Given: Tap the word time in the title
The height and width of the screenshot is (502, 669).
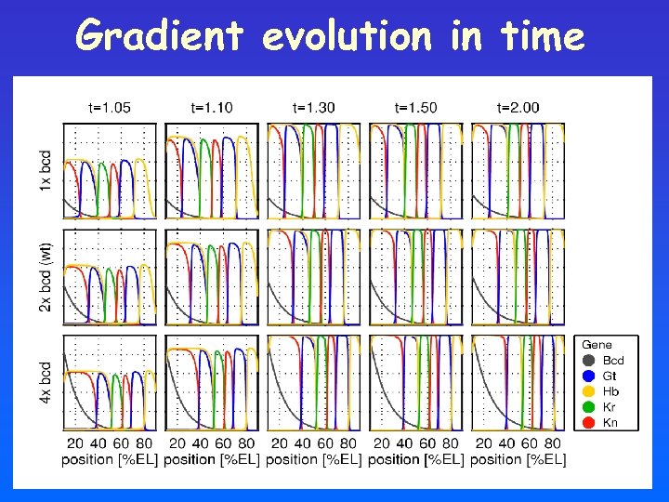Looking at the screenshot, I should [542, 37].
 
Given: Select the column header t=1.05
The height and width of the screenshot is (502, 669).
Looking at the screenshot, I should [110, 108].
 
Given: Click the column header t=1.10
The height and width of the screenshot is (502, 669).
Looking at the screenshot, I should [212, 108].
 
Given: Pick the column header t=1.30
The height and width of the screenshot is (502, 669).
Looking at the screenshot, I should [314, 108].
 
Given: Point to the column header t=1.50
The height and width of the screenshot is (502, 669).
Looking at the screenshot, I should [415, 108].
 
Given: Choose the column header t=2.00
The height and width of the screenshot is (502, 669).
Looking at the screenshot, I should [518, 108].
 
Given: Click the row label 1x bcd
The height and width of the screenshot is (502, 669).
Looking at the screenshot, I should [46, 171].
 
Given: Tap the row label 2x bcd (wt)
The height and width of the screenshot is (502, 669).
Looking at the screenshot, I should [46, 276].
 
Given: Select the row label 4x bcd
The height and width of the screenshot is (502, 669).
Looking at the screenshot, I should [46, 382].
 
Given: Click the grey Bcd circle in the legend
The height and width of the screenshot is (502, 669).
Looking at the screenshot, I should [589, 360].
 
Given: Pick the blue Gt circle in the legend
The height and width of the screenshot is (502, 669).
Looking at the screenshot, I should [589, 376].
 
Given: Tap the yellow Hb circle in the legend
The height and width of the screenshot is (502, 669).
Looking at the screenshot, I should [589, 391].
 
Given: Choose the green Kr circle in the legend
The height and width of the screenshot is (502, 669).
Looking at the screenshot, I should [589, 407].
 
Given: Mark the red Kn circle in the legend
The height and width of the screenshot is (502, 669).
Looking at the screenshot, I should [589, 423].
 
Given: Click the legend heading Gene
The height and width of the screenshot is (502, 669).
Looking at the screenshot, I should [597, 344].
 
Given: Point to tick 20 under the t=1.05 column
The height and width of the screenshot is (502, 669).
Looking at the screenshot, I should [76, 443].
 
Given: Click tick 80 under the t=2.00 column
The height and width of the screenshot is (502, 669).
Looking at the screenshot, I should [552, 443].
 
